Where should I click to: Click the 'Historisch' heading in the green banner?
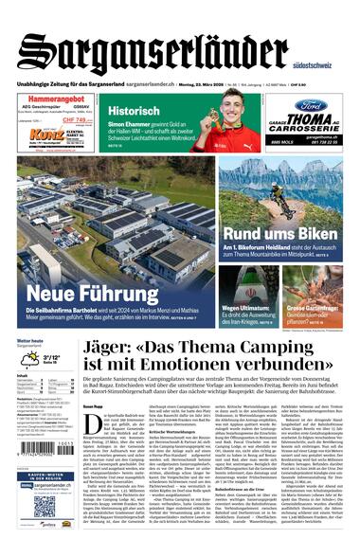pos(135,110)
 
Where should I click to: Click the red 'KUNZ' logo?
pos(45,135)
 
